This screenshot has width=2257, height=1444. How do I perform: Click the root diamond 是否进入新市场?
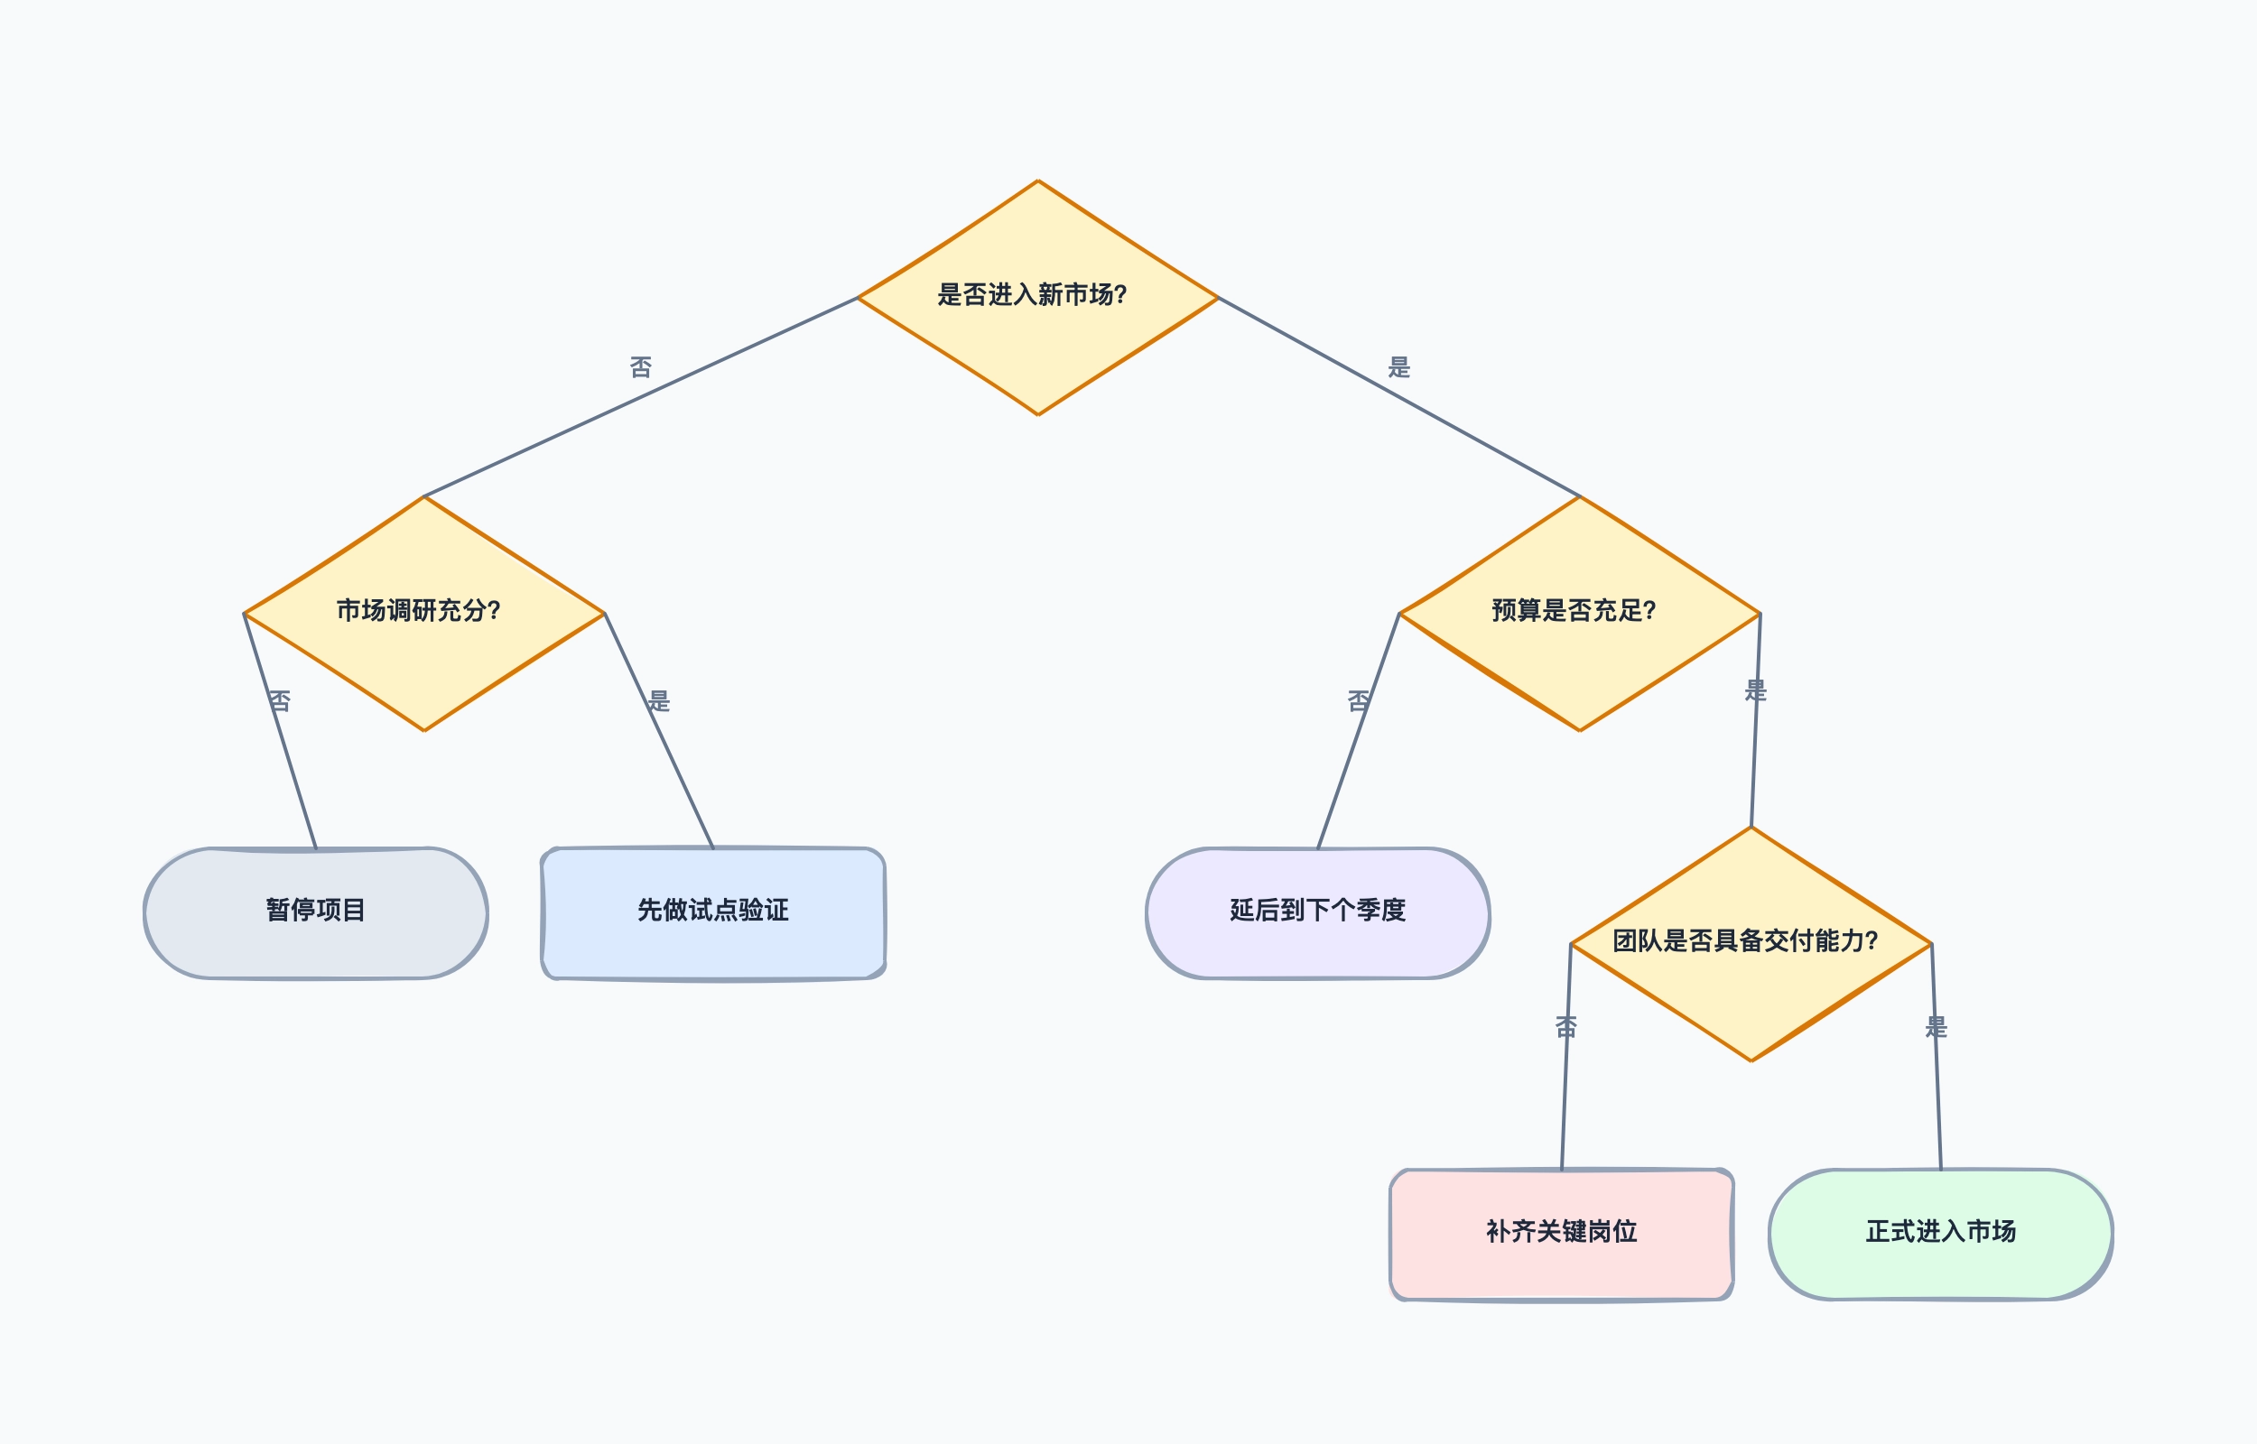click(1037, 297)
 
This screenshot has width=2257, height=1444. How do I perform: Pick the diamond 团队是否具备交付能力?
click(1751, 943)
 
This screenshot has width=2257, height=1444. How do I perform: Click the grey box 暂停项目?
click(316, 913)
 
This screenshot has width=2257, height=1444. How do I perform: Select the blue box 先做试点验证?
click(712, 913)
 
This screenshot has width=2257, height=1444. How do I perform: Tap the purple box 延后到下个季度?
click(1317, 913)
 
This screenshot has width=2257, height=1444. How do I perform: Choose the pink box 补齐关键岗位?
click(1561, 1234)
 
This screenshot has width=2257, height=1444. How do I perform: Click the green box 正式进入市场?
click(1940, 1234)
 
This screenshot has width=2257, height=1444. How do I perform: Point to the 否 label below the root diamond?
click(640, 366)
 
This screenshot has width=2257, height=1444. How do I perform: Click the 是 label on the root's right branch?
click(1399, 366)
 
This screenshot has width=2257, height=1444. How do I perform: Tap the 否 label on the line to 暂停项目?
click(280, 700)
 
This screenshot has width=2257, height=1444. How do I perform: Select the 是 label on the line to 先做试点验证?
click(659, 700)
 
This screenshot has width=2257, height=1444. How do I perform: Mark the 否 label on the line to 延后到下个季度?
click(1359, 700)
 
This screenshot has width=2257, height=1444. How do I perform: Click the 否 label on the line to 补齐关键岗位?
click(1566, 1027)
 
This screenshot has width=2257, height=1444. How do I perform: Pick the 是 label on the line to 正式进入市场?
click(1936, 1027)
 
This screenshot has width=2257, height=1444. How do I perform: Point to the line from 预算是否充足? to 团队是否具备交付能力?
click(1755, 720)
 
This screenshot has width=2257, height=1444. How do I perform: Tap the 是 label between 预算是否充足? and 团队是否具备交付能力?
click(1755, 690)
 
